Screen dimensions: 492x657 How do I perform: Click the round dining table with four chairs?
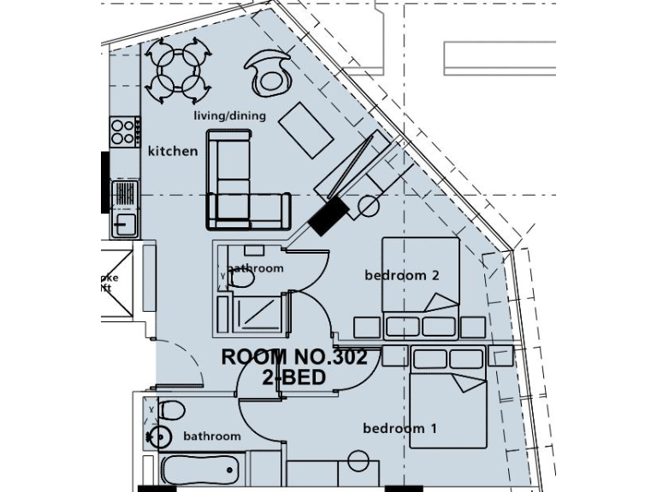coord(177,70)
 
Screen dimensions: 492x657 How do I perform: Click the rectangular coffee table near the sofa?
coord(306,131)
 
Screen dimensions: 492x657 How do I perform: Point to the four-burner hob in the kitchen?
coord(125,131)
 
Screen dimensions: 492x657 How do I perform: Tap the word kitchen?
coord(173,151)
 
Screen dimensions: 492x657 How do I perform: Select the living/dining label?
coord(229,116)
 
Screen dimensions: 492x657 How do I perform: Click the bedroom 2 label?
coord(401,275)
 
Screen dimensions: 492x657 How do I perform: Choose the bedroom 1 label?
coord(400,428)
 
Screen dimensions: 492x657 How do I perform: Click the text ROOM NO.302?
coord(294,358)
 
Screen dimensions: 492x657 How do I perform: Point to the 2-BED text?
coord(294,377)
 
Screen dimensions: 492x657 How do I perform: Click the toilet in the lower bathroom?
coord(169,412)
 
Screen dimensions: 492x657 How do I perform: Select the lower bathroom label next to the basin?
coord(212,436)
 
